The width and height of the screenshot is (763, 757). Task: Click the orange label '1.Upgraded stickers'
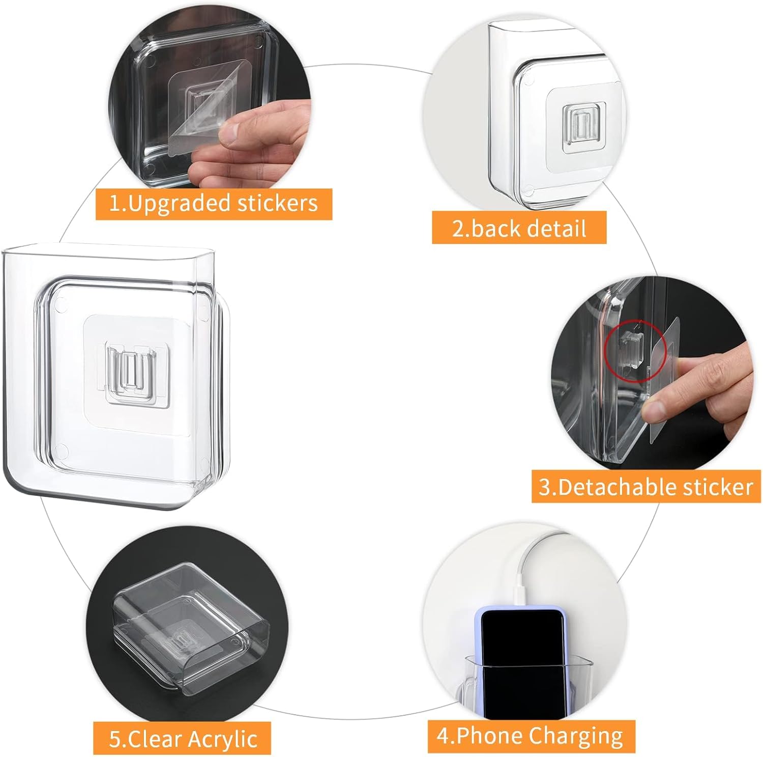[x=214, y=204]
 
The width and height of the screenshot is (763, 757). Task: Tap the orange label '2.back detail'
[x=519, y=228]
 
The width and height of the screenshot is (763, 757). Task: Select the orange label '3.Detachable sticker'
[x=646, y=487]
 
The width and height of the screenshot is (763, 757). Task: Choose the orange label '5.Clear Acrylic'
[x=182, y=738]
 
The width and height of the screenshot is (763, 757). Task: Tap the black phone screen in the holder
[x=522, y=661]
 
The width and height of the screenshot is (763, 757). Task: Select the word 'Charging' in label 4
[x=575, y=737]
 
